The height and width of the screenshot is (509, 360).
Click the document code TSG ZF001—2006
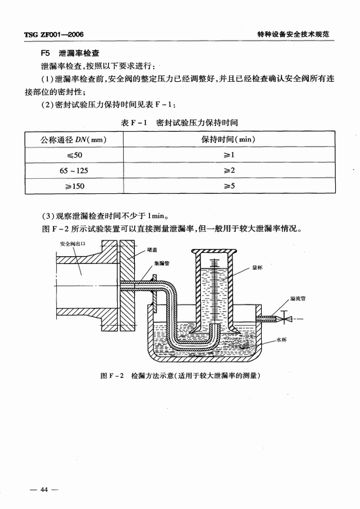click(54, 35)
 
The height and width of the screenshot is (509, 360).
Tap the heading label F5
click(45, 53)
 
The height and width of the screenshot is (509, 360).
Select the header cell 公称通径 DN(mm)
click(73, 140)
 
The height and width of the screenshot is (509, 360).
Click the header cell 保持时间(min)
click(228, 140)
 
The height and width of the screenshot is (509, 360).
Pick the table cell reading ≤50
click(74, 155)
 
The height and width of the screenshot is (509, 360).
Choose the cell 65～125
click(74, 171)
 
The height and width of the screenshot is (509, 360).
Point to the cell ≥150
click(74, 186)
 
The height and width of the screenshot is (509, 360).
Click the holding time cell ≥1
click(228, 155)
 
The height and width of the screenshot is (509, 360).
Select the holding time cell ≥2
click(229, 170)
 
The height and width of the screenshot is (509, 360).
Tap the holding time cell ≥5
click(229, 186)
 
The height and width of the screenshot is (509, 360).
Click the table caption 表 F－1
click(134, 123)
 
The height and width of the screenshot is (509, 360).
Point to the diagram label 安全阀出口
click(72, 244)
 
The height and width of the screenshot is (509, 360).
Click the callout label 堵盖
click(152, 250)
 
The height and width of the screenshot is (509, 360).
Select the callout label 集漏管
click(162, 263)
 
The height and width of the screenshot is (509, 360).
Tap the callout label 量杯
click(257, 267)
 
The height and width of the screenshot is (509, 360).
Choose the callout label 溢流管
click(298, 298)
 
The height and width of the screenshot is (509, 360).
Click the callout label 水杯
click(282, 340)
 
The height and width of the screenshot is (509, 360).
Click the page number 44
click(44, 489)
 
